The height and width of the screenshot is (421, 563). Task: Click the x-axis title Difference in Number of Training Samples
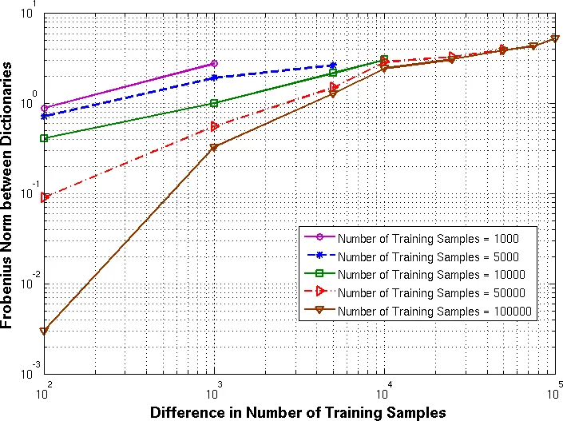(x=297, y=412)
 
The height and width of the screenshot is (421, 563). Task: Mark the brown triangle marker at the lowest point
(x=45, y=331)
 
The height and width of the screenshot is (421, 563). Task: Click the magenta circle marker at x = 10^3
(x=214, y=63)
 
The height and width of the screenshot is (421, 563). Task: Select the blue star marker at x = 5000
(x=333, y=66)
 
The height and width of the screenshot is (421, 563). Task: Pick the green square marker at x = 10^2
(x=45, y=138)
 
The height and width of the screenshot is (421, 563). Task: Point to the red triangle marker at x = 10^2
(x=45, y=197)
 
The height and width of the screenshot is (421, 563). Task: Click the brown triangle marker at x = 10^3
(x=214, y=148)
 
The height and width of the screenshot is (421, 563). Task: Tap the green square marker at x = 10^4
(x=384, y=60)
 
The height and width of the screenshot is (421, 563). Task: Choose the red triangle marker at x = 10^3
(x=214, y=126)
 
